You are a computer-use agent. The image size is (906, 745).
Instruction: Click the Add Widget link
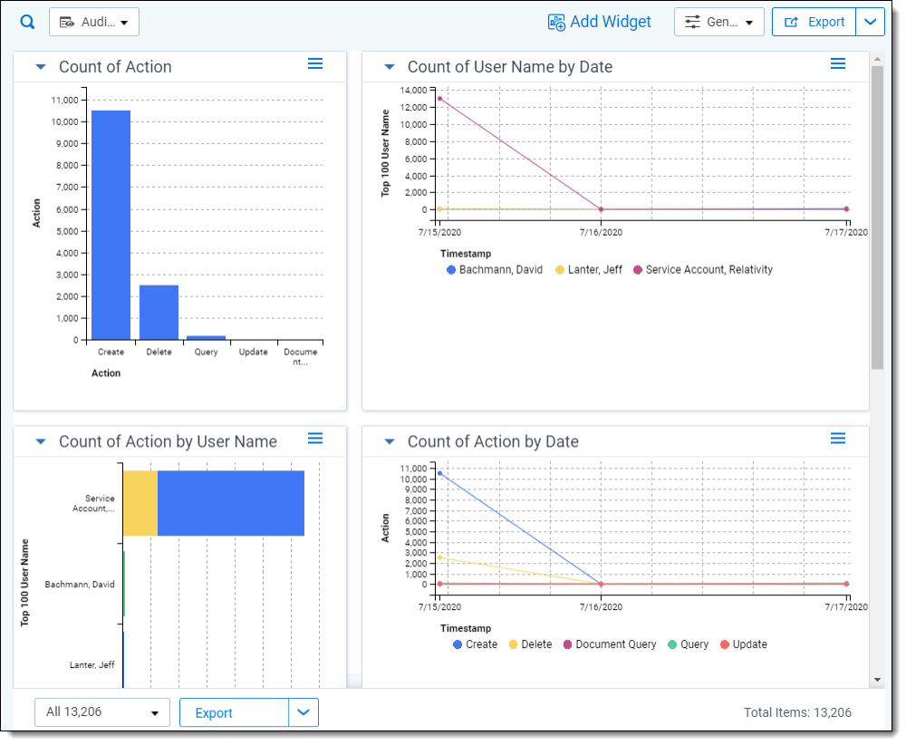click(599, 22)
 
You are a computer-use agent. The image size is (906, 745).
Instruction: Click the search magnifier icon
click(27, 22)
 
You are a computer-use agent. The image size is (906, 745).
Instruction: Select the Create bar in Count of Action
click(111, 225)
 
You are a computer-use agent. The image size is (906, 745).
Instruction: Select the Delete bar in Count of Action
click(159, 312)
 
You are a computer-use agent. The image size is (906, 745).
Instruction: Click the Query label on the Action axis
click(207, 352)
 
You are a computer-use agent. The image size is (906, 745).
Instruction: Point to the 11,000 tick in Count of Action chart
click(64, 100)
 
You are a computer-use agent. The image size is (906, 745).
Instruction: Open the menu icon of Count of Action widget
click(315, 63)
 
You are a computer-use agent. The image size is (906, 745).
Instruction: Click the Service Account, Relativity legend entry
click(703, 270)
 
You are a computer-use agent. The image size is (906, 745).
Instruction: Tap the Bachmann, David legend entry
click(495, 270)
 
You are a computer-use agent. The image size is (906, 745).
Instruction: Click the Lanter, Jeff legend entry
click(589, 270)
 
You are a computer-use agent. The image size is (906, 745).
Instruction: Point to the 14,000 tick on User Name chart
click(414, 90)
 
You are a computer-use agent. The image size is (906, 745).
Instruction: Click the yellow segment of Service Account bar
click(140, 503)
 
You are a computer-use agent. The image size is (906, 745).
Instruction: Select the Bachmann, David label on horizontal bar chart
click(80, 585)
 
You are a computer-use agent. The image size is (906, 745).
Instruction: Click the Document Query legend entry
click(610, 644)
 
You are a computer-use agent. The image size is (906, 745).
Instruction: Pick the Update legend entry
click(744, 644)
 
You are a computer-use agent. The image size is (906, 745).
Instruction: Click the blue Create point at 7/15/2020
click(439, 473)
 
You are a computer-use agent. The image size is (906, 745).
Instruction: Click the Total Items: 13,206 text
click(797, 712)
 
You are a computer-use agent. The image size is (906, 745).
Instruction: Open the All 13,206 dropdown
click(102, 712)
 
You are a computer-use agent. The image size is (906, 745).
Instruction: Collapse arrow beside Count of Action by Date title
click(390, 441)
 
